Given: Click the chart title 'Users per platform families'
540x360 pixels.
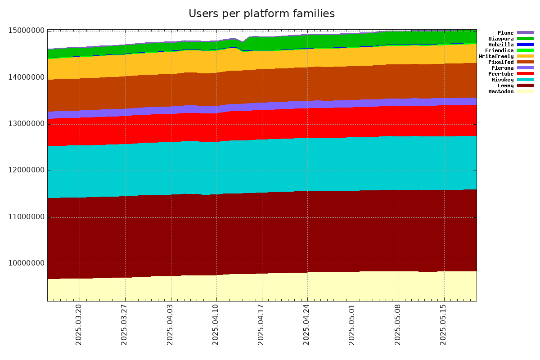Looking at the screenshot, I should pyautogui.click(x=261, y=14).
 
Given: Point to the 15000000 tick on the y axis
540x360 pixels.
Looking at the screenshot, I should pyautogui.click(x=27, y=31).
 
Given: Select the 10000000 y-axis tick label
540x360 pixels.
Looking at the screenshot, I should pyautogui.click(x=27, y=264).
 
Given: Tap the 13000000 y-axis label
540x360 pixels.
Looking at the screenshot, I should pyautogui.click(x=27, y=124).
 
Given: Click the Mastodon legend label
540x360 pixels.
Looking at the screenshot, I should pyautogui.click(x=501, y=91).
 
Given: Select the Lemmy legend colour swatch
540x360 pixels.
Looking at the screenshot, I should pyautogui.click(x=525, y=85).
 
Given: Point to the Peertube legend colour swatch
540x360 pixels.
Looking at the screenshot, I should pyautogui.click(x=525, y=74).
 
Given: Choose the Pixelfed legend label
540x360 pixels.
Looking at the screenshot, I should pyautogui.click(x=501, y=62).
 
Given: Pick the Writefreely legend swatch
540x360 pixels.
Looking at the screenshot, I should pyautogui.click(x=525, y=56).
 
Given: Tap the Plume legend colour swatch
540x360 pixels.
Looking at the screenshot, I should pyautogui.click(x=525, y=33).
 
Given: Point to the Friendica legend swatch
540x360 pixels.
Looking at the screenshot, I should pyautogui.click(x=525, y=50).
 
